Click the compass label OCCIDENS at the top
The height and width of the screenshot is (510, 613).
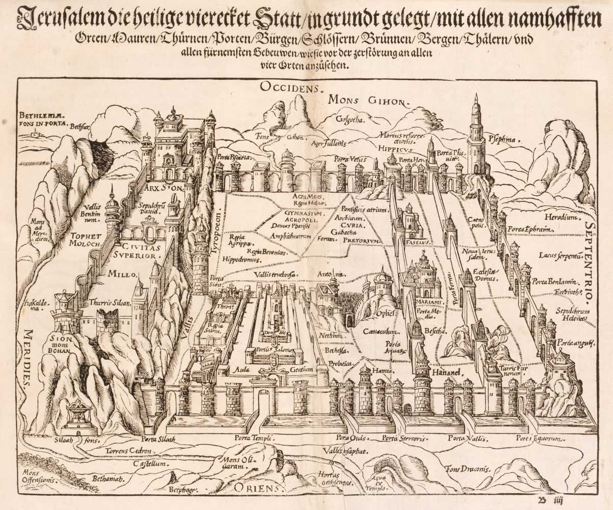tap(291, 87)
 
